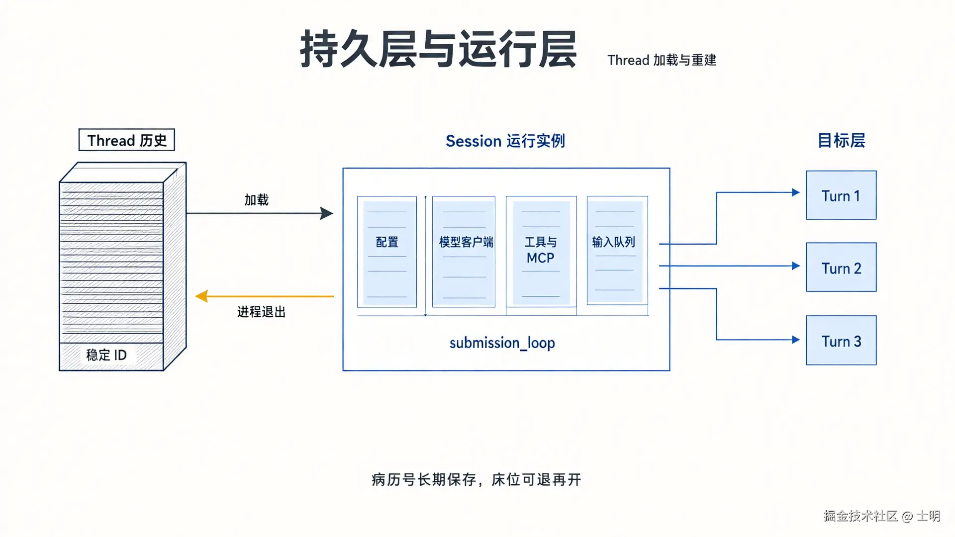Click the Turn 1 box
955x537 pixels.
pyautogui.click(x=841, y=195)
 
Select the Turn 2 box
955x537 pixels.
pyautogui.click(x=841, y=267)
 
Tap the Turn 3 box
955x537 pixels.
pyautogui.click(x=841, y=340)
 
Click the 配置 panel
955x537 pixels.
pyautogui.click(x=387, y=252)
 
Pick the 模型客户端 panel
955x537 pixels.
pyautogui.click(x=464, y=252)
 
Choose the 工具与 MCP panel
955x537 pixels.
pyautogui.click(x=541, y=252)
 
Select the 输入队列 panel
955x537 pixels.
pyautogui.click(x=617, y=250)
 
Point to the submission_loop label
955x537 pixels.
pyautogui.click(x=502, y=343)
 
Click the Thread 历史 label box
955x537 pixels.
pyautogui.click(x=127, y=140)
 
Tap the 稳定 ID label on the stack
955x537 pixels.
pyautogui.click(x=106, y=355)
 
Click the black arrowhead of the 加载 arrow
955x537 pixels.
pyautogui.click(x=326, y=213)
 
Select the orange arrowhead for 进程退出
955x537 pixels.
pyautogui.click(x=201, y=296)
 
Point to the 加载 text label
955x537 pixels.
pyautogui.click(x=257, y=200)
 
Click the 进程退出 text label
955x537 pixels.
pyautogui.click(x=262, y=312)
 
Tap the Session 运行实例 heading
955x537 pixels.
pyautogui.click(x=505, y=141)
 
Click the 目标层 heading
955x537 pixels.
pyautogui.click(x=842, y=141)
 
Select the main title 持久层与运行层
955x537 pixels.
pyautogui.click(x=438, y=49)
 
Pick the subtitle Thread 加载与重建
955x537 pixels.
pyautogui.click(x=662, y=60)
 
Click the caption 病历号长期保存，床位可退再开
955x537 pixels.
pyautogui.click(x=477, y=480)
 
